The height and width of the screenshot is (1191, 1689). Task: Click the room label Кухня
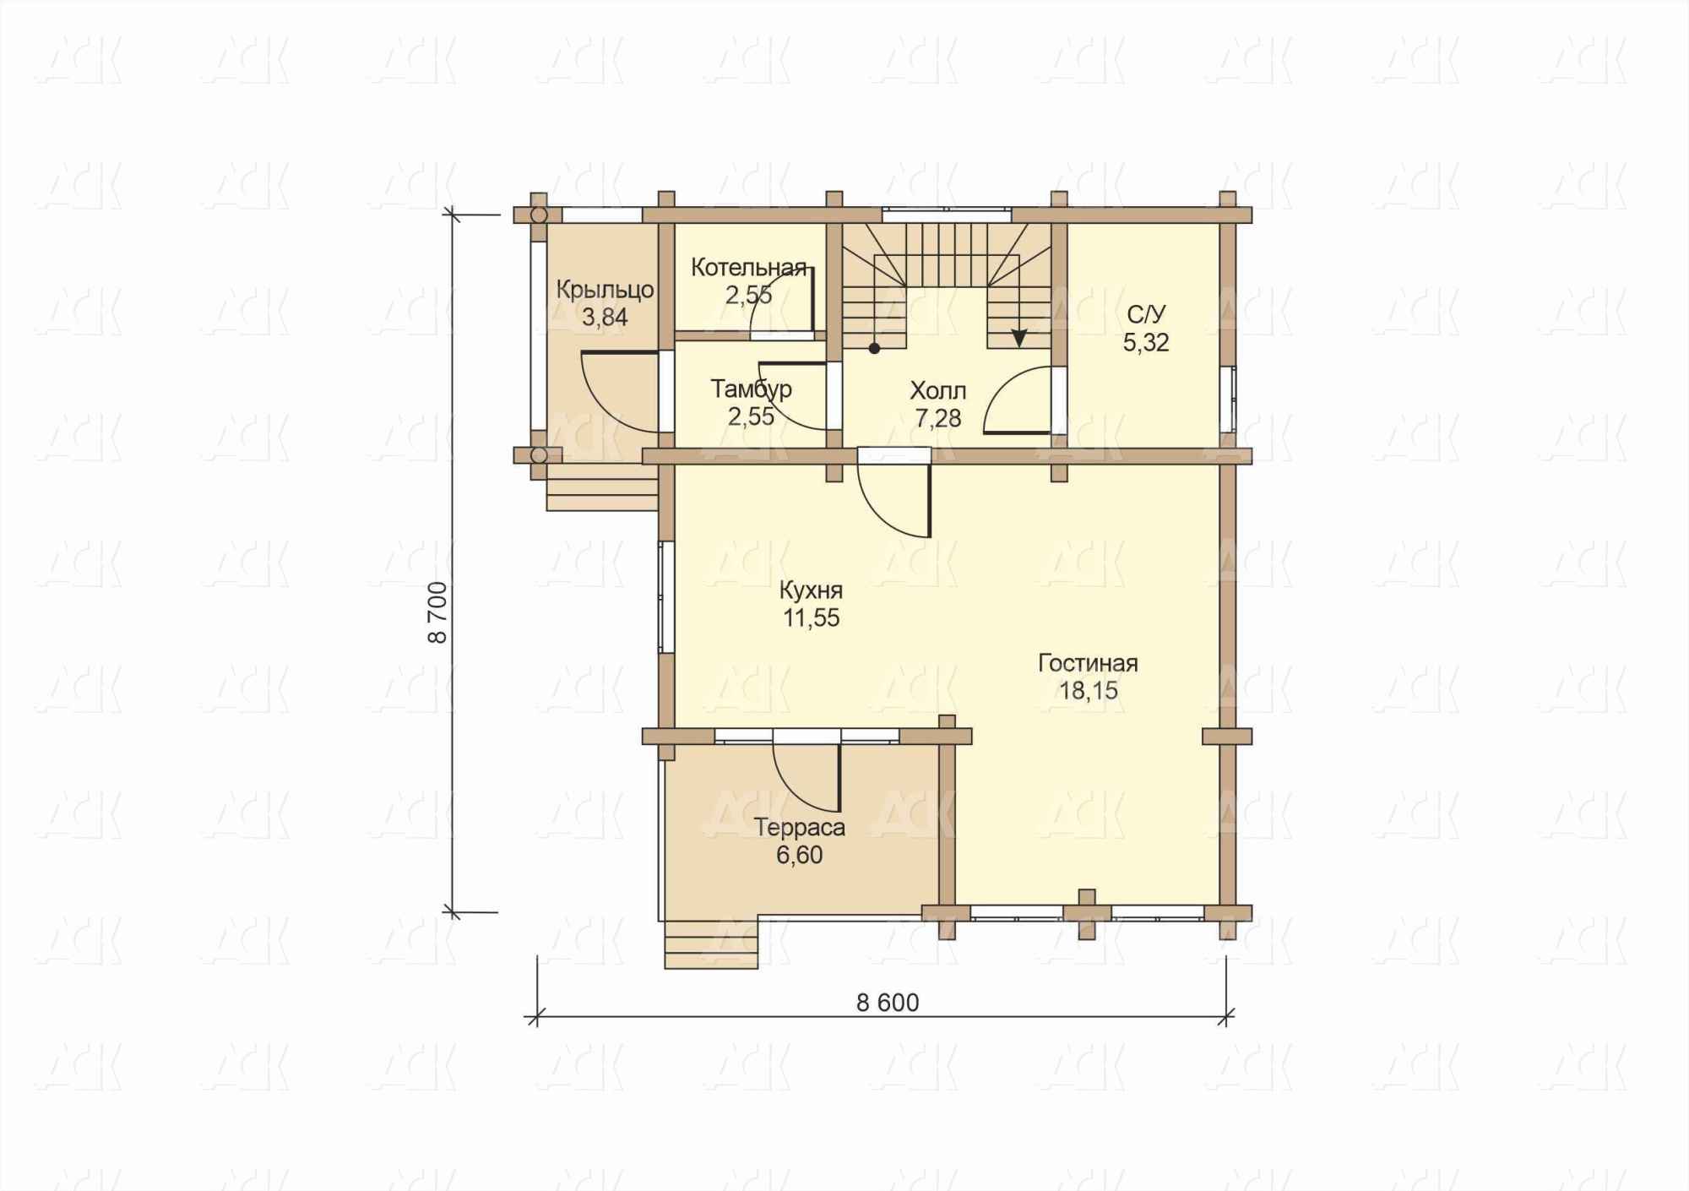pyautogui.click(x=811, y=589)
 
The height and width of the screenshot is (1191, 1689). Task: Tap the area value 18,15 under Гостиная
pyautogui.click(x=1089, y=690)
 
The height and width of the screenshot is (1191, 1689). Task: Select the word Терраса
pyautogui.click(x=799, y=827)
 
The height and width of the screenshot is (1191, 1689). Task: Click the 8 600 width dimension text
pyautogui.click(x=888, y=1003)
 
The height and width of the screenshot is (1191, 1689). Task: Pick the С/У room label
pyautogui.click(x=1146, y=315)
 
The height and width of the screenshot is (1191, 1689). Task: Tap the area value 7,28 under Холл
pyautogui.click(x=937, y=418)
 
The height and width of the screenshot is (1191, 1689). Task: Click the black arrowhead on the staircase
pyautogui.click(x=1019, y=338)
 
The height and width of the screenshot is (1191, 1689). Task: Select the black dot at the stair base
pyautogui.click(x=875, y=347)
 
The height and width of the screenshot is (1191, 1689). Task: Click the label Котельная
pyautogui.click(x=748, y=268)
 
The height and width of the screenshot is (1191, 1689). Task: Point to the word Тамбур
pyautogui.click(x=751, y=389)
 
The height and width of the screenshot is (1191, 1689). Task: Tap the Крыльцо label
pyautogui.click(x=605, y=290)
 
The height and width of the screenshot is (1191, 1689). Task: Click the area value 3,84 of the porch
pyautogui.click(x=605, y=318)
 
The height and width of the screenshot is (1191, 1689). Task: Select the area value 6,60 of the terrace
pyautogui.click(x=799, y=855)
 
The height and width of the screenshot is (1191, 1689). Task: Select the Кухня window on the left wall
pyautogui.click(x=666, y=597)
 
